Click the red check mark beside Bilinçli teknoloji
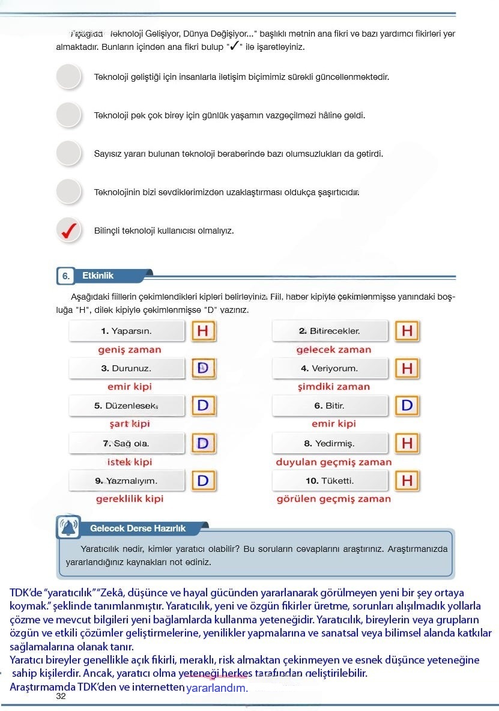[68, 231]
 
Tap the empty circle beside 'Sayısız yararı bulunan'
[68, 154]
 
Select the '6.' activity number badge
[65, 276]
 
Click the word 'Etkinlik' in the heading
[98, 276]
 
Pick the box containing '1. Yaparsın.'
[127, 331]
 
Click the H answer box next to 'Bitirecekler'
[407, 331]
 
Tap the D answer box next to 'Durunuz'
[203, 368]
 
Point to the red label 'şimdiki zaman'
[334, 387]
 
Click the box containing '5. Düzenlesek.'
[127, 406]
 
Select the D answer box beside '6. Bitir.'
[407, 405]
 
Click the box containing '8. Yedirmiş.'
[330, 444]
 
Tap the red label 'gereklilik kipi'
[130, 499]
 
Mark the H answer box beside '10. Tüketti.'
[407, 480]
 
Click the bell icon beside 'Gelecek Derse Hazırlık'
[68, 528]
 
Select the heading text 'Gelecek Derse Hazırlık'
[138, 528]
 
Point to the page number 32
[61, 697]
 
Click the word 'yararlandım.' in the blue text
[217, 688]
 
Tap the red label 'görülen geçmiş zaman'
[333, 499]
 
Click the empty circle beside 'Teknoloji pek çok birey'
[68, 115]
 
